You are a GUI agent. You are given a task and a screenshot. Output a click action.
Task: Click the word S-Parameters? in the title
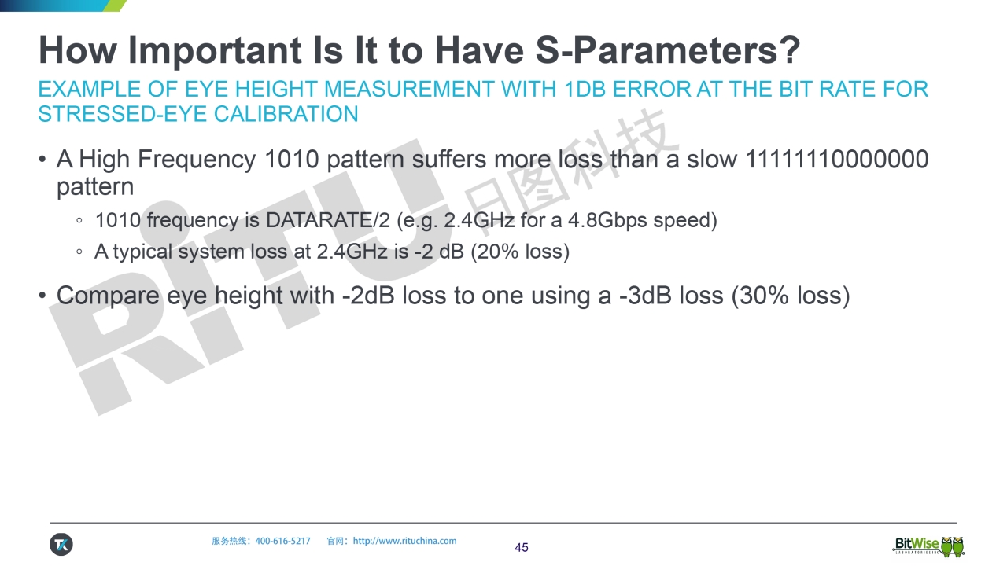[668, 50]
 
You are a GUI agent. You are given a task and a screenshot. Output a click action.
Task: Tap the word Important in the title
[215, 51]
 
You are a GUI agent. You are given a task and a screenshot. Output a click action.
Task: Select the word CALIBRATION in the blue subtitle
[286, 114]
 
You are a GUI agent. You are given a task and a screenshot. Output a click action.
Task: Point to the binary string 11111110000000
[836, 159]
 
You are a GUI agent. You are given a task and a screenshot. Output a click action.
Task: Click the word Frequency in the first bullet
[197, 160]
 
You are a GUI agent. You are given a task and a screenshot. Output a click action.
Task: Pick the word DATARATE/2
[328, 221]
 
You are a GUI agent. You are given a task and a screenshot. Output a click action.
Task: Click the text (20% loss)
[520, 252]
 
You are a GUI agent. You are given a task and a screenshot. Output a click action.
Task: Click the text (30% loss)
[791, 296]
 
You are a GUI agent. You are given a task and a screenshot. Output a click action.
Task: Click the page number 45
[522, 548]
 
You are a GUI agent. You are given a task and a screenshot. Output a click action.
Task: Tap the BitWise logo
[928, 546]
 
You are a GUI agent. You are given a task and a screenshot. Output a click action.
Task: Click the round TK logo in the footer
[61, 545]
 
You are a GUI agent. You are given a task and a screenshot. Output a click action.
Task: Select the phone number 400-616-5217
[282, 542]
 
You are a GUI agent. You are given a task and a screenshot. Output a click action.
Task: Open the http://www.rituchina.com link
[404, 542]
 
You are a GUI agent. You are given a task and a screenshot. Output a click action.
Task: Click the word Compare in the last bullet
[108, 296]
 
